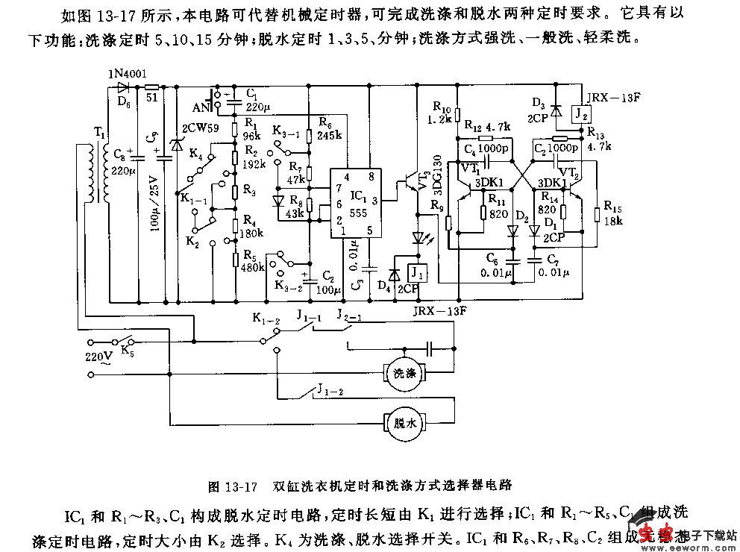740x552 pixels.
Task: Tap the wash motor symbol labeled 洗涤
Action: click(x=404, y=371)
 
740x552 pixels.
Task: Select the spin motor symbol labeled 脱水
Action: click(x=404, y=423)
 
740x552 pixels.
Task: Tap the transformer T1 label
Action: click(x=98, y=133)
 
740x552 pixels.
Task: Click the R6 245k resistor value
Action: click(x=329, y=136)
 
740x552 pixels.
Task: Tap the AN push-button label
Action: click(x=201, y=104)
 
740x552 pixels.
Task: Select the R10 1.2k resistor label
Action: click(x=442, y=113)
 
